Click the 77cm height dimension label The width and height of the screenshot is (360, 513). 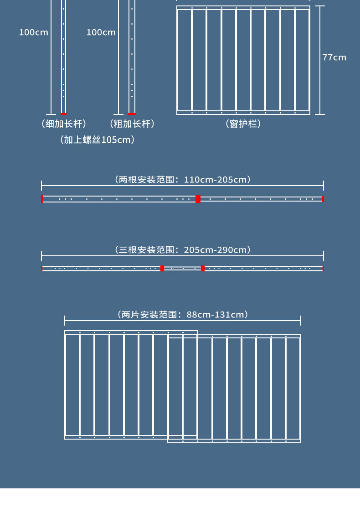pos(334,57)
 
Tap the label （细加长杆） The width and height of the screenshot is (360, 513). pos(64,124)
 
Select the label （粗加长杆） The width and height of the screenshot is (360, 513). pos(132,124)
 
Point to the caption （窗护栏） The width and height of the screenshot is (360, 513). pos(243,124)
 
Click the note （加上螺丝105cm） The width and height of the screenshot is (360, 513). pos(97,140)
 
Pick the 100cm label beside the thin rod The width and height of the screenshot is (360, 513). pos(33,32)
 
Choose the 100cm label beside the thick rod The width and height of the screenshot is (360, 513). pos(101,32)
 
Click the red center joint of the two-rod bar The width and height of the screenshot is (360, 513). pos(198,199)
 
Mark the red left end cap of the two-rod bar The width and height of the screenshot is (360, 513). pos(42,199)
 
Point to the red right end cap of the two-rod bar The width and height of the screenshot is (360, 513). pos(323,199)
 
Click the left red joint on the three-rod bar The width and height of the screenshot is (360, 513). pos(162,269)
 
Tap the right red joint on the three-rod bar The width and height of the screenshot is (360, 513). pos(203,269)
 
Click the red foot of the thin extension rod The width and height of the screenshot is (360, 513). pos(64,114)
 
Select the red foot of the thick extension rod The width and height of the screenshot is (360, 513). pos(132,114)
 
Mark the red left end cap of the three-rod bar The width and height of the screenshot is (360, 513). pos(42,269)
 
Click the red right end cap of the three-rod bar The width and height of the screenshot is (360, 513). pos(323,269)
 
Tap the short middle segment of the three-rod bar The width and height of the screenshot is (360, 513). pos(182,269)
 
